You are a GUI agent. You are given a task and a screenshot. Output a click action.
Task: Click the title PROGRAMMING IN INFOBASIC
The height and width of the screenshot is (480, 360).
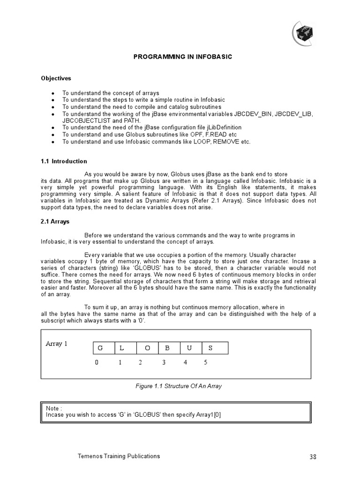pos(183,57)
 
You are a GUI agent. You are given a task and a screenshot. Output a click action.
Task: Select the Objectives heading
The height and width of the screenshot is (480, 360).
pos(56,78)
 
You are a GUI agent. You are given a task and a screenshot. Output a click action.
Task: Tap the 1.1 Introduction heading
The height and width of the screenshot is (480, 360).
pos(64,161)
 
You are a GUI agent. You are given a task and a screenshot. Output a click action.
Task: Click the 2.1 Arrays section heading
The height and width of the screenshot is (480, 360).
pos(55,222)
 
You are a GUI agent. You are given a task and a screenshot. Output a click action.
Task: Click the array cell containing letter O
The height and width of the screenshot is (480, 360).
pos(148,348)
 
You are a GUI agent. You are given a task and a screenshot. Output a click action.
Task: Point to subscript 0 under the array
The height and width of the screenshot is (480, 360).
pos(97,362)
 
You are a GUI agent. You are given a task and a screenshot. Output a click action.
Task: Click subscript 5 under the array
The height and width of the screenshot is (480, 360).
pos(206,362)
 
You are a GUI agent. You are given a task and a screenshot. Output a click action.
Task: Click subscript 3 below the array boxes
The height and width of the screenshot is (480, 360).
pos(164,362)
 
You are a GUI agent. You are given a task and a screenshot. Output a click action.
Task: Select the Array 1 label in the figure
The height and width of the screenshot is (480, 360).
pos(56,344)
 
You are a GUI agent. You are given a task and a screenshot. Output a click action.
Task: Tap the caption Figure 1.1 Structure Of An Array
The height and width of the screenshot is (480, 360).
pos(178,386)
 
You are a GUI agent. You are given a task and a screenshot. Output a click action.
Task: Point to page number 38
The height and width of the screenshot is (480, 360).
pos(314,457)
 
